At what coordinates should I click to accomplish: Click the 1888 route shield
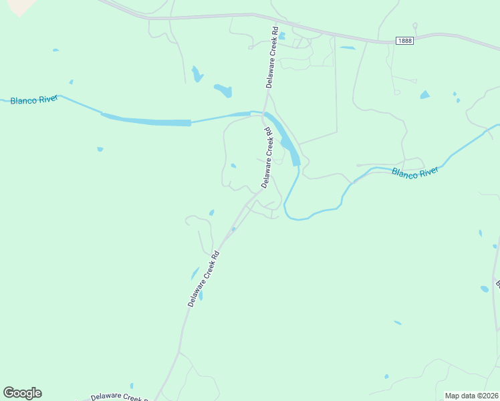(x=404, y=41)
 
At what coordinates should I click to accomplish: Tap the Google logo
(x=22, y=393)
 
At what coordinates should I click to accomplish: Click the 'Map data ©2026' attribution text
(x=471, y=396)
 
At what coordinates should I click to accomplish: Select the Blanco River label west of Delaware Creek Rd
(x=33, y=100)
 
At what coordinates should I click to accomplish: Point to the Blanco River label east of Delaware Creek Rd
(x=414, y=173)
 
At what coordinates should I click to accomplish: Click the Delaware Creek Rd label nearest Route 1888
(x=271, y=57)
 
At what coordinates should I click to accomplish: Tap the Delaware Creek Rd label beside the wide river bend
(x=267, y=158)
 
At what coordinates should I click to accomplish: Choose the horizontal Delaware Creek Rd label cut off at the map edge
(x=120, y=397)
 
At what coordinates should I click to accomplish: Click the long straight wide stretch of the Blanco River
(x=147, y=122)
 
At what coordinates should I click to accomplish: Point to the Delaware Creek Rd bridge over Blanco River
(x=266, y=112)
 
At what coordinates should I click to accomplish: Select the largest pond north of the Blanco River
(x=223, y=90)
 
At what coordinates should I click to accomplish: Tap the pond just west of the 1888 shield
(x=347, y=48)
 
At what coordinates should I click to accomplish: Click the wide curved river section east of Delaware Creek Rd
(x=288, y=141)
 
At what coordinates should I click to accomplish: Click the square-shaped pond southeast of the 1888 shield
(x=424, y=95)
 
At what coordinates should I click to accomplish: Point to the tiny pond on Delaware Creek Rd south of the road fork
(x=233, y=229)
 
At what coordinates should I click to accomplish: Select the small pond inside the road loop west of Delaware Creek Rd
(x=233, y=166)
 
